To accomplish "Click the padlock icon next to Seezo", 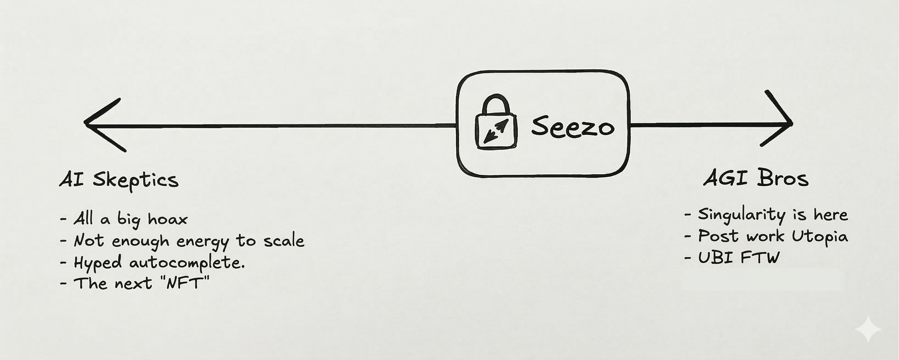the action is point(496,124).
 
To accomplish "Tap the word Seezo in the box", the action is point(572,126).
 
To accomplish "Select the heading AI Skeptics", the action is point(119,180).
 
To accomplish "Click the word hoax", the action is point(167,219).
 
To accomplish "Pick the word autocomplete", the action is point(187,263).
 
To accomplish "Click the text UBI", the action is point(715,258).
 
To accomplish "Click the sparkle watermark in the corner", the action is point(868,329).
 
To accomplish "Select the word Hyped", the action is point(98,263).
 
